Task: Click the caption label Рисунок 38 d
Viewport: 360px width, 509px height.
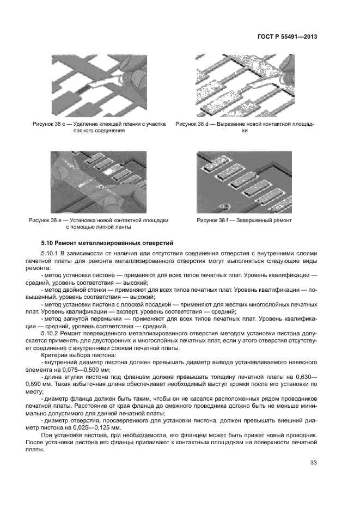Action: (x=194, y=125)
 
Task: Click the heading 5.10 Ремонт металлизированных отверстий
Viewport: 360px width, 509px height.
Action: (x=107, y=242)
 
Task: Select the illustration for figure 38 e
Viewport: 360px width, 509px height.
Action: (x=99, y=183)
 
